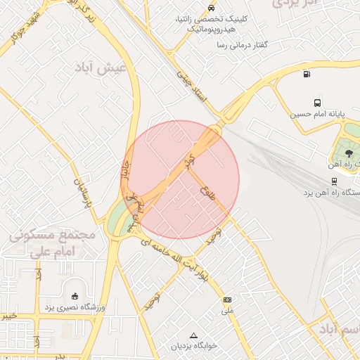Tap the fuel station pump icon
307,74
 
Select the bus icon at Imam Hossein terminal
317,101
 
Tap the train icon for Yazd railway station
333,181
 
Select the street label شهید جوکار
23,25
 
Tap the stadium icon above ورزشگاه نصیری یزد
75,296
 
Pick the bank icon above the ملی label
226,300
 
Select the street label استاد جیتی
193,87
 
